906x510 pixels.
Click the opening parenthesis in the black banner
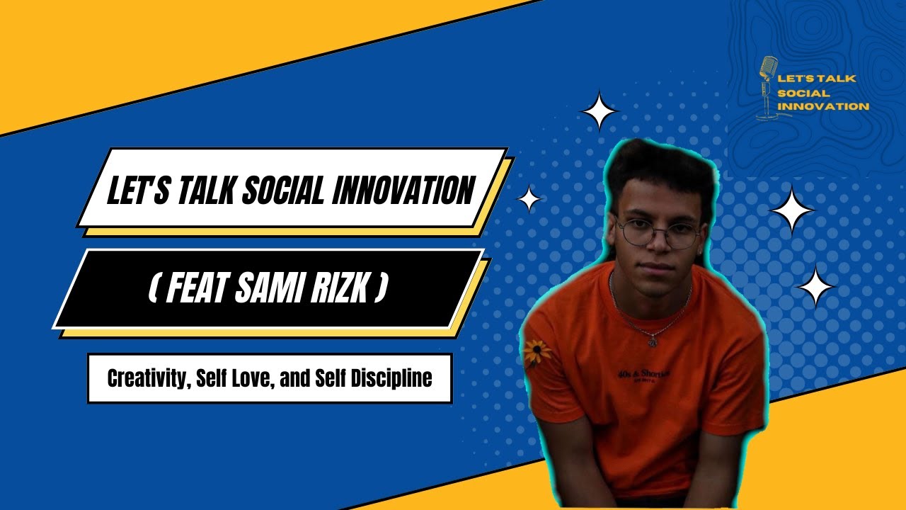point(153,290)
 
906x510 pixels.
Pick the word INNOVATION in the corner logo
point(823,106)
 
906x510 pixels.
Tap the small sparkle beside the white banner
point(529,199)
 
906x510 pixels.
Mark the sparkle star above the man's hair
point(600,110)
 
